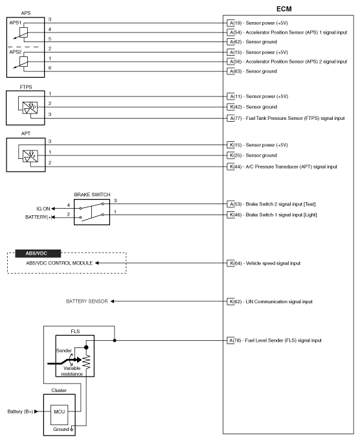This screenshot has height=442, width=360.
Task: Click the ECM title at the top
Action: (284, 9)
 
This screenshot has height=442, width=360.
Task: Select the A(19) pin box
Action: (231, 23)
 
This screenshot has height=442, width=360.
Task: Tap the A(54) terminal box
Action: (231, 32)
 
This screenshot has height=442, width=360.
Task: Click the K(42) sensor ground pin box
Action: (231, 107)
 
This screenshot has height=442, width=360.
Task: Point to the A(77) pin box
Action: (231, 118)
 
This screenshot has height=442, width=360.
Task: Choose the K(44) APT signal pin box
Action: (231, 167)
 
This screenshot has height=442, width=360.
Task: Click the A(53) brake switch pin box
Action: (231, 204)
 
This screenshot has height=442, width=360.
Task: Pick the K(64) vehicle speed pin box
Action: (231, 263)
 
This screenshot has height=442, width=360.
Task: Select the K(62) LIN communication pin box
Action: (231, 301)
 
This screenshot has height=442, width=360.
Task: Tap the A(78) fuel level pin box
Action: (231, 340)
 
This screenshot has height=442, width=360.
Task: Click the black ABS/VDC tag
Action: (38, 253)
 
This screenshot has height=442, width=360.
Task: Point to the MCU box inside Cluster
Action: (59, 415)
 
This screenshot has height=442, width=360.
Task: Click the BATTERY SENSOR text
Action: (87, 301)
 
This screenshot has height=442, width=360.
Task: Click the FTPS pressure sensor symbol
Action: (30, 108)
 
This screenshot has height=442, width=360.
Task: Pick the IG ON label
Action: (43, 209)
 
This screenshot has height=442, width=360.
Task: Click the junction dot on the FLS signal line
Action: (115, 340)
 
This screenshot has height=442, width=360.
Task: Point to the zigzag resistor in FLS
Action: (86, 362)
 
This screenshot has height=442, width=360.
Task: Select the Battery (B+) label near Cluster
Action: (20, 412)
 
